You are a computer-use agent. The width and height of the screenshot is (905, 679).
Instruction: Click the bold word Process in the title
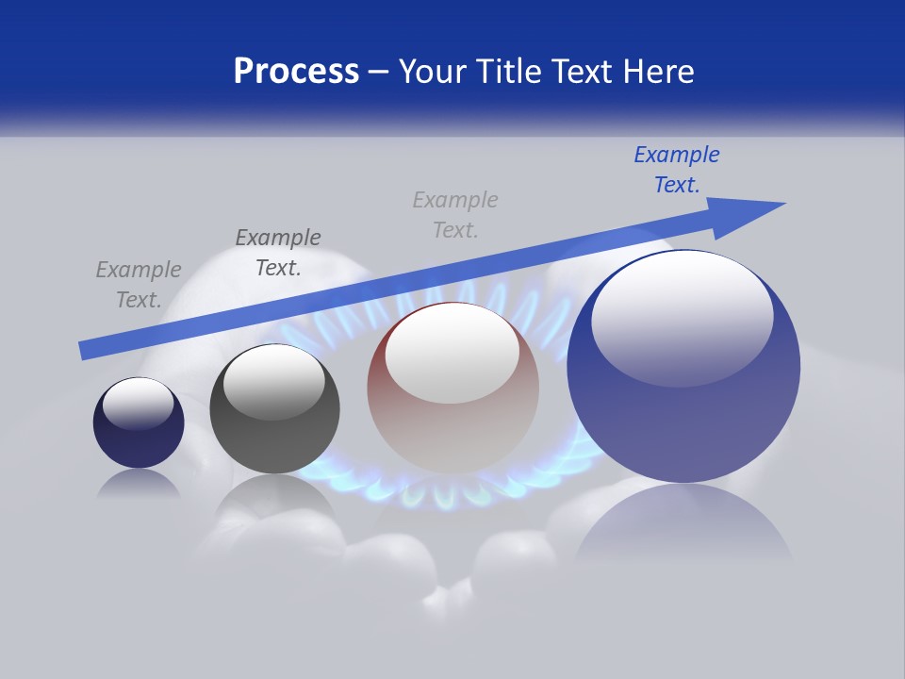click(x=296, y=72)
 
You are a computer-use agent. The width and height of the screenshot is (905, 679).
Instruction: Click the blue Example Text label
click(x=677, y=170)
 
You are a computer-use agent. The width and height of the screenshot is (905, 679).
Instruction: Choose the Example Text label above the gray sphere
click(x=278, y=253)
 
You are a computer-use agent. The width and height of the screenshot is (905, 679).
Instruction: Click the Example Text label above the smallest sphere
click(x=139, y=285)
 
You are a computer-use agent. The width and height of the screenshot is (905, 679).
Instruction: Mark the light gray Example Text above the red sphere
click(x=455, y=215)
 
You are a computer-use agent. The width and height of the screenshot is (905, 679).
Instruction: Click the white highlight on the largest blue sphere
click(x=682, y=316)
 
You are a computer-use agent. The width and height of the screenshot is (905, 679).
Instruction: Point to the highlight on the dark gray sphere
click(x=273, y=382)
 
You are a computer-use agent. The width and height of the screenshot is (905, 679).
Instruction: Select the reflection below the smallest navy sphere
click(x=139, y=483)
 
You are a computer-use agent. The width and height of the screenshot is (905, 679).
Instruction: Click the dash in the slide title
click(x=379, y=72)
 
